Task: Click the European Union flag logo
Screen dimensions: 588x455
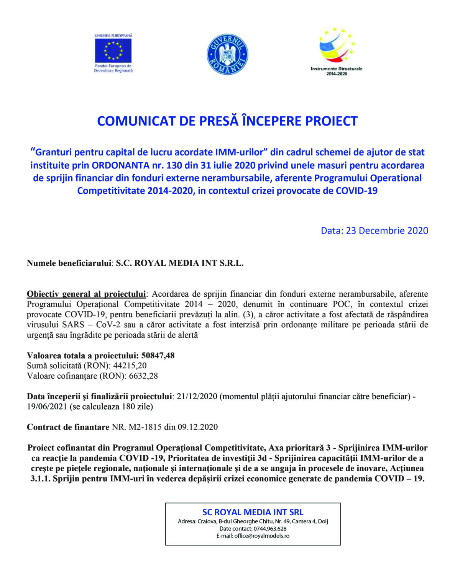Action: coord(113,51)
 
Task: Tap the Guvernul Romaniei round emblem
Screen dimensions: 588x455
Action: coord(227,54)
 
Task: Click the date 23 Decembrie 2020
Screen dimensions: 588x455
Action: coord(387,230)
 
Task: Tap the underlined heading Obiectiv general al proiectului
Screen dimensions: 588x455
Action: coord(86,294)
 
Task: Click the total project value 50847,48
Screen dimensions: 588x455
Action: coord(158,355)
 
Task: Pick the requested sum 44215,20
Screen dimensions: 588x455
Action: coord(130,366)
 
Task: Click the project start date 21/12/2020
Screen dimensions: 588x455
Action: coord(197,396)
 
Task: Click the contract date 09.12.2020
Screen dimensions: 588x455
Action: coord(197,427)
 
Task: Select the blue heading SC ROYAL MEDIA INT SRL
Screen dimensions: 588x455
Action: coord(253,512)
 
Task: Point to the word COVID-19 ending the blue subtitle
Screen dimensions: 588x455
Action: coord(356,191)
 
